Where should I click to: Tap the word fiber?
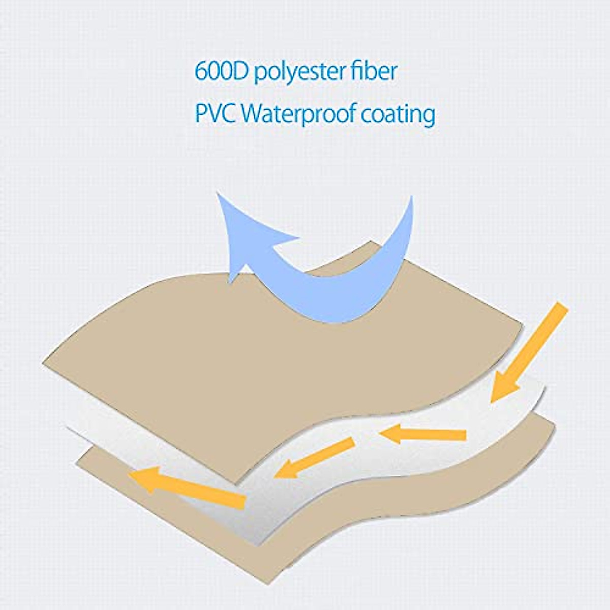tap(376, 72)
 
